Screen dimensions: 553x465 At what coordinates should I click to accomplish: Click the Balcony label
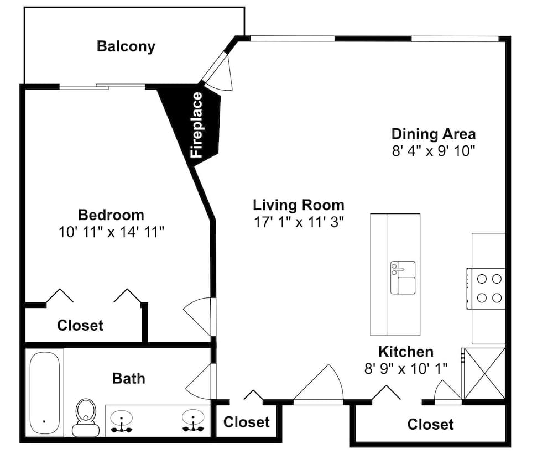click(x=126, y=46)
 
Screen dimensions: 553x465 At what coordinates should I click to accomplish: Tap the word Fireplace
click(x=196, y=124)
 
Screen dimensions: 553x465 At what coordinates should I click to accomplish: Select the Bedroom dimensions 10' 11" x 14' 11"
click(x=112, y=232)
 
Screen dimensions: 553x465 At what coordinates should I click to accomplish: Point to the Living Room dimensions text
click(x=299, y=222)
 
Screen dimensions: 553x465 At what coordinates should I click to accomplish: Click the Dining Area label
click(x=434, y=134)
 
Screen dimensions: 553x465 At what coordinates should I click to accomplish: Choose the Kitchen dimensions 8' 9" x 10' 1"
click(x=406, y=369)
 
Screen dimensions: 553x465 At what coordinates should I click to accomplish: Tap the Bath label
click(x=129, y=379)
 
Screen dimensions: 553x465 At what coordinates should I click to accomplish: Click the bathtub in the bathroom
click(x=44, y=393)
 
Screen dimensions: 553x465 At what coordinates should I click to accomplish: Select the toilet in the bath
click(x=86, y=418)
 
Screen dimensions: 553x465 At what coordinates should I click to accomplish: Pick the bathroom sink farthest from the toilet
click(x=193, y=421)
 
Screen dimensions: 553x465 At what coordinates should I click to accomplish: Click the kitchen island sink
click(x=403, y=278)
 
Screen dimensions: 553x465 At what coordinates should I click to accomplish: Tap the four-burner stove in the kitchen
click(x=486, y=289)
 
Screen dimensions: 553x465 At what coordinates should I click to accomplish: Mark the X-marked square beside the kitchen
click(x=484, y=374)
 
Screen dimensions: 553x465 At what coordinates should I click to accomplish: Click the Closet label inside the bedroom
click(x=80, y=326)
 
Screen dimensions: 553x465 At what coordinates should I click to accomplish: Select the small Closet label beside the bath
click(x=247, y=422)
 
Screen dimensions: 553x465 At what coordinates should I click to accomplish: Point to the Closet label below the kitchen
click(x=430, y=425)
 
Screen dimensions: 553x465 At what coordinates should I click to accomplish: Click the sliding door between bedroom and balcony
click(x=102, y=86)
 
